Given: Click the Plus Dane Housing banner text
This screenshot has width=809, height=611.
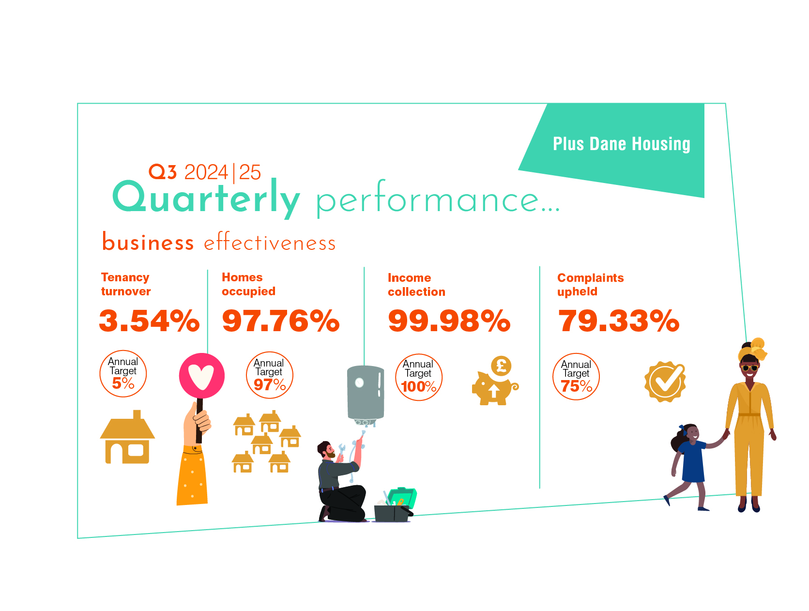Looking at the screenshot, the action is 622,144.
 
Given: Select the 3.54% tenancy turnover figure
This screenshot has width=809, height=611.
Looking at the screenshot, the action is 149,321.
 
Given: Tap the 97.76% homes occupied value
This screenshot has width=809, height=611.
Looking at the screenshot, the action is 280,321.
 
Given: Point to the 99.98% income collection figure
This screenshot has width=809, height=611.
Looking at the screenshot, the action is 449,321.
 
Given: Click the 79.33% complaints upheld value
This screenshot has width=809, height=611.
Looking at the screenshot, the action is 618,321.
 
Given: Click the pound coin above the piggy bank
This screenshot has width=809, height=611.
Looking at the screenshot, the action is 501,366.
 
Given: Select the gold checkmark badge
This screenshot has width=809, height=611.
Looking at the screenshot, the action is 665,382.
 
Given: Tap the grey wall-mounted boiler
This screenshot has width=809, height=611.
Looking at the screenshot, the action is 365,394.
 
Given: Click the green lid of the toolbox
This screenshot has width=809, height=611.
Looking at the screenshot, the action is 402,498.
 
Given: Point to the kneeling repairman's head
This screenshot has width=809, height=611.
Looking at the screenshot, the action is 325,450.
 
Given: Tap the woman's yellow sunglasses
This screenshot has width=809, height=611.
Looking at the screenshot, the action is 749,368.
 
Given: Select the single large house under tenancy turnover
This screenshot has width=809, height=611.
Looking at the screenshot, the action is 127,437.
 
